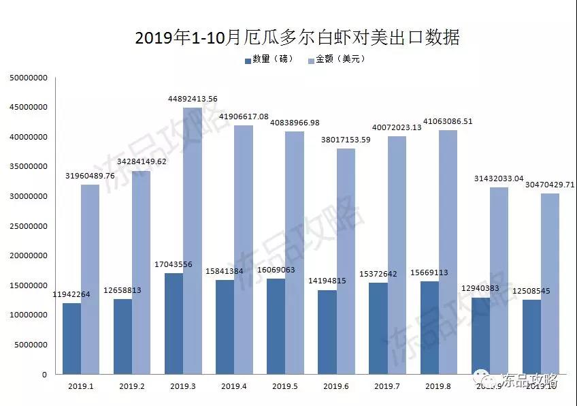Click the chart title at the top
tap(297, 37)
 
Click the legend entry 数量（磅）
tap(269, 59)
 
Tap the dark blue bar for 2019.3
tap(174, 323)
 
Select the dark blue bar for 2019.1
tap(71, 338)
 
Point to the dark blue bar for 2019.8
tap(429, 328)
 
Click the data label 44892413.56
tap(193, 99)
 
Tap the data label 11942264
tap(71, 295)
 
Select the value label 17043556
tap(174, 265)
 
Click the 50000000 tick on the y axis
tap(28, 78)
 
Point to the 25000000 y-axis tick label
tap(28, 226)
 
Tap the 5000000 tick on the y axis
tap(31, 345)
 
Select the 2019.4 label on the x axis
tap(234, 386)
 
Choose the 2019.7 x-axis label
tap(387, 386)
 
